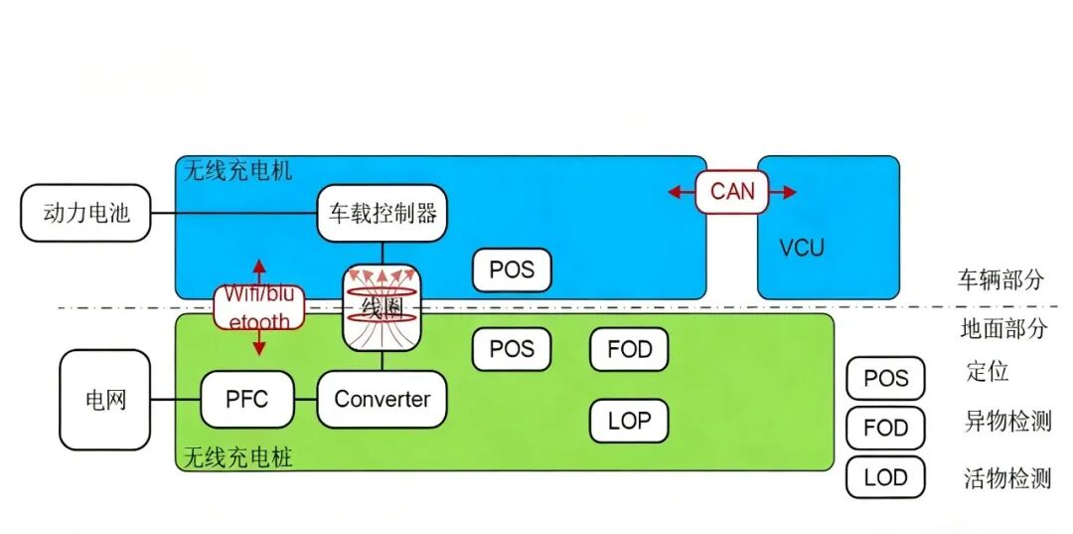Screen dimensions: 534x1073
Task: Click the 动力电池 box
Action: [x=86, y=212]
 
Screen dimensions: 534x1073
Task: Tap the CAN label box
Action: [x=732, y=191]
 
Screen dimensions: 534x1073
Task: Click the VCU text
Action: [x=801, y=248]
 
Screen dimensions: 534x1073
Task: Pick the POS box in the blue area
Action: [x=512, y=269]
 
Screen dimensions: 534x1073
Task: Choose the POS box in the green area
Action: [x=512, y=349]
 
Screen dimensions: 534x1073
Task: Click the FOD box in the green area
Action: [x=629, y=349]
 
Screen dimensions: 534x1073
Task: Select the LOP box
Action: [x=629, y=421]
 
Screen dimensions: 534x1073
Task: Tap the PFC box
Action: [x=247, y=400]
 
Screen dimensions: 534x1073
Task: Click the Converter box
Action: [x=383, y=400]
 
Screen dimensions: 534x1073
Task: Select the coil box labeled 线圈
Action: [x=383, y=307]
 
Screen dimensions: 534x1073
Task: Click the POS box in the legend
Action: [x=885, y=379]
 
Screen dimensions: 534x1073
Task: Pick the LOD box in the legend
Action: [x=885, y=477]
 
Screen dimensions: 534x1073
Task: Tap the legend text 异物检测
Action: [x=1007, y=421]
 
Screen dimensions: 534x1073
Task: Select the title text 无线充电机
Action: [x=238, y=170]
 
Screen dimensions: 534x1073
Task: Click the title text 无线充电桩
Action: [x=237, y=457]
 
